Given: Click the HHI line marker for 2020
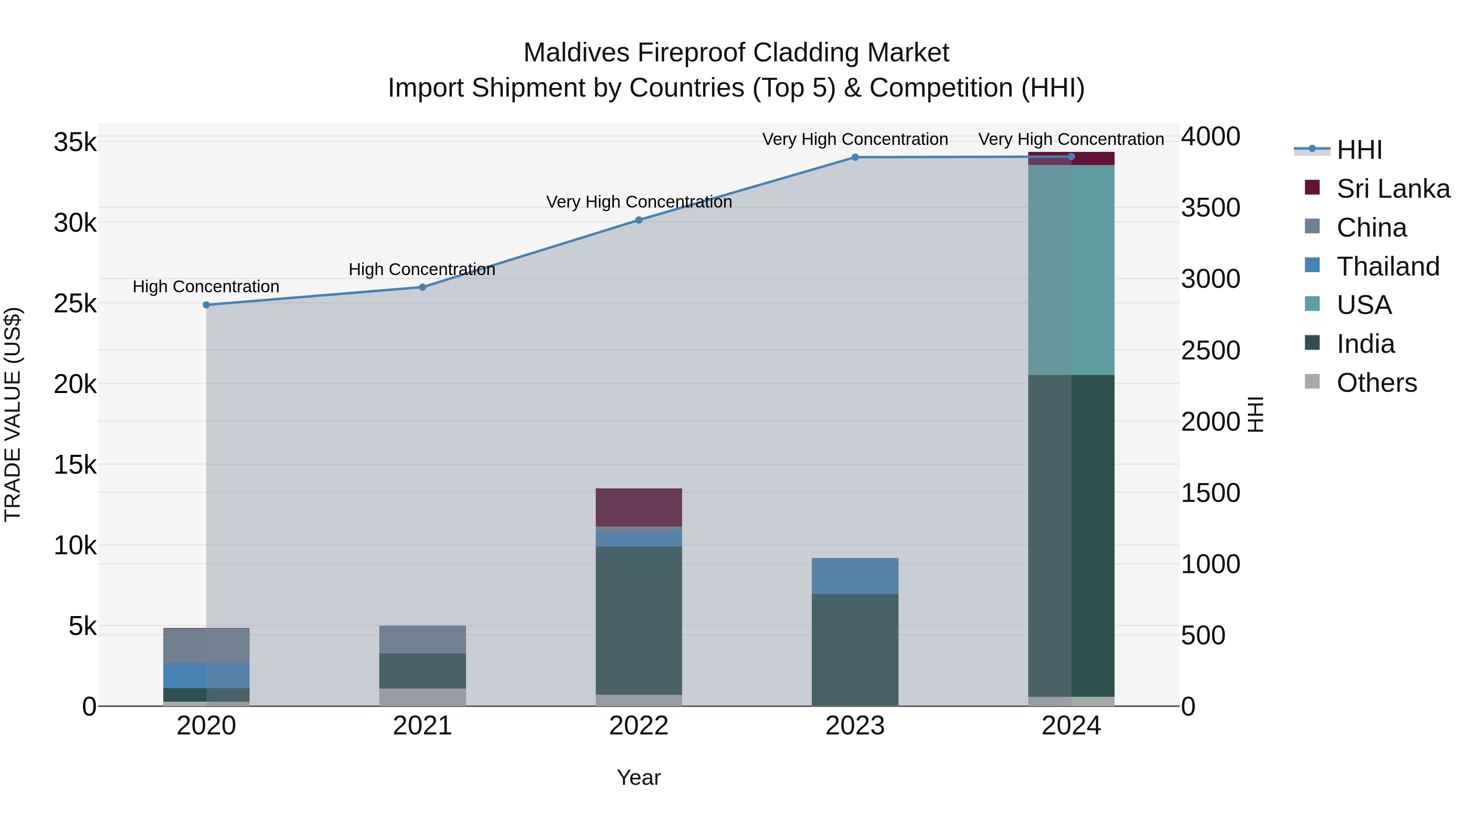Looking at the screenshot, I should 207,305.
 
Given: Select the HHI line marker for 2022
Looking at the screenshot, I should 639,220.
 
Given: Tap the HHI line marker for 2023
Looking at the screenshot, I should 855,157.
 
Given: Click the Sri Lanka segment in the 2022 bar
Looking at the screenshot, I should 639,507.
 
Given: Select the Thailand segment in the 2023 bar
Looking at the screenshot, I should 855,576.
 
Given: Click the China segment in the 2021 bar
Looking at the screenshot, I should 423,639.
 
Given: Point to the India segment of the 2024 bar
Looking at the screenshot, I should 1071,535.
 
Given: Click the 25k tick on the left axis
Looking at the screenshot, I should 75,304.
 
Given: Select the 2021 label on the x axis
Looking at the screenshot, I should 423,726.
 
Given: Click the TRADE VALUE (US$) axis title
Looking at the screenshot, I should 13,414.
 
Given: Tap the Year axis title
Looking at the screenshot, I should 639,777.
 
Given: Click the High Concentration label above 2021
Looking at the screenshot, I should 422,269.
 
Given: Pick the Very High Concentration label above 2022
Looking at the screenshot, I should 639,202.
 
